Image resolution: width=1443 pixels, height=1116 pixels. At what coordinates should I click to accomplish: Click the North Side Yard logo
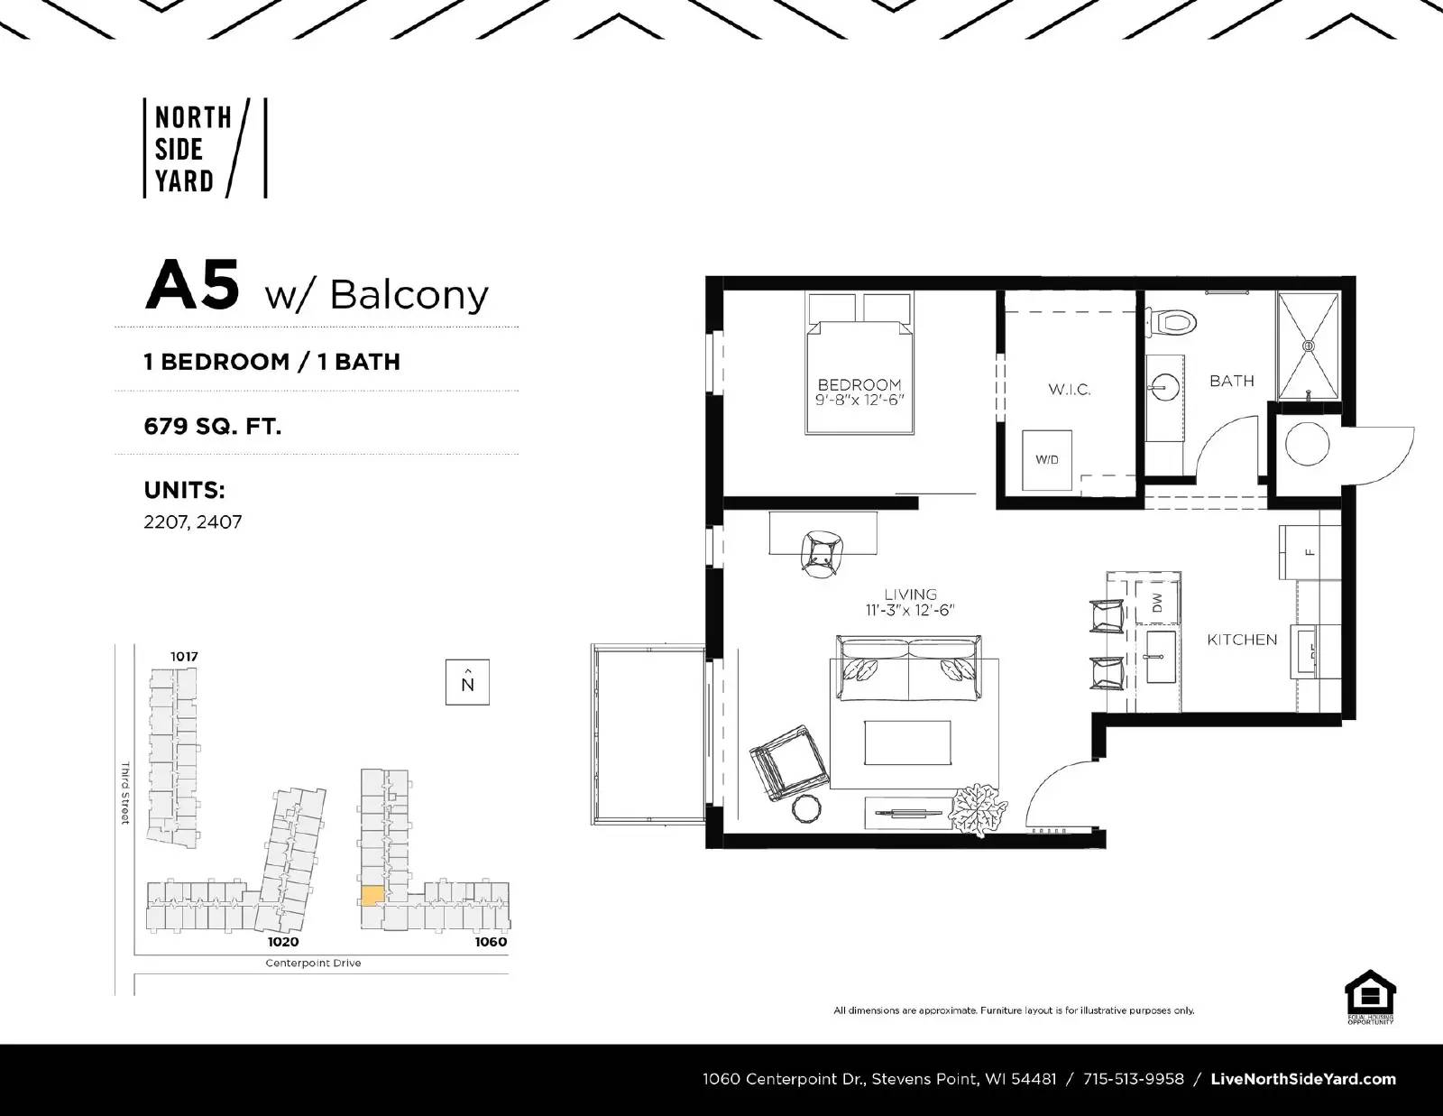tap(205, 148)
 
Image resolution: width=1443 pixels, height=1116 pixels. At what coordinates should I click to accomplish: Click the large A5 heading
tap(192, 286)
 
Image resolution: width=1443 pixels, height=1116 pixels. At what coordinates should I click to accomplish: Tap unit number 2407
tap(220, 522)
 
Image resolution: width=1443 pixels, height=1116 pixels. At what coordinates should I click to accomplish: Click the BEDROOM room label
tap(859, 384)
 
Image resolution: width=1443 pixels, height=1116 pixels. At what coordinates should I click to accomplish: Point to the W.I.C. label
tap(1069, 389)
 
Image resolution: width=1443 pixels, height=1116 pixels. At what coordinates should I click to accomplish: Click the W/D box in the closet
tap(1046, 460)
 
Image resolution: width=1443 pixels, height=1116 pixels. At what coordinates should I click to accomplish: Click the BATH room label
tap(1231, 381)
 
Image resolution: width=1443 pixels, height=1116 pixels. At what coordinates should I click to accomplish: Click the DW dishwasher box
tap(1157, 602)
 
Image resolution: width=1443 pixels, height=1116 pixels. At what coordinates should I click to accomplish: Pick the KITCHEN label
tap(1242, 640)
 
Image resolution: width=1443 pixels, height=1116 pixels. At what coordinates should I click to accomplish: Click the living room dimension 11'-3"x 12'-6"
tap(910, 610)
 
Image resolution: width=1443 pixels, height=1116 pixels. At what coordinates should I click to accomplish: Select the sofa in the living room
tap(909, 669)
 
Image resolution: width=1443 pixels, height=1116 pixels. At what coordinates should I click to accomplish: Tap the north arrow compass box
tap(467, 682)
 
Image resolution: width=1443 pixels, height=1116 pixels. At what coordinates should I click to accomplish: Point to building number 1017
tap(184, 656)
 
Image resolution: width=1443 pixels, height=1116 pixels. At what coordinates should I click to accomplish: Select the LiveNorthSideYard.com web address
tap(1302, 1079)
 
